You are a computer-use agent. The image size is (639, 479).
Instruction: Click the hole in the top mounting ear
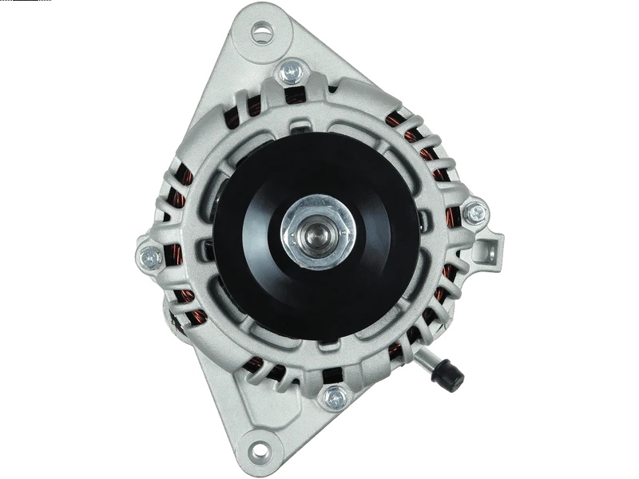(262, 33)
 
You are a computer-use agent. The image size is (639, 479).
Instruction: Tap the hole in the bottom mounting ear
(260, 450)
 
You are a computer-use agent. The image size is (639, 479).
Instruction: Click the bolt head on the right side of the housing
(476, 212)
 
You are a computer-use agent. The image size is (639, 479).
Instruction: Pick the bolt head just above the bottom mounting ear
(335, 397)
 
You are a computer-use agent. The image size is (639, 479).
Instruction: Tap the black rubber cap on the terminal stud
(448, 374)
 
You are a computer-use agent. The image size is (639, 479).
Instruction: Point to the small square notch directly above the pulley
(302, 126)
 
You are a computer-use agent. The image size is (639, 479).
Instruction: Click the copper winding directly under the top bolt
(296, 97)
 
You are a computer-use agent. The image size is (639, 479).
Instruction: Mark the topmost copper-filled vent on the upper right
(396, 120)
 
